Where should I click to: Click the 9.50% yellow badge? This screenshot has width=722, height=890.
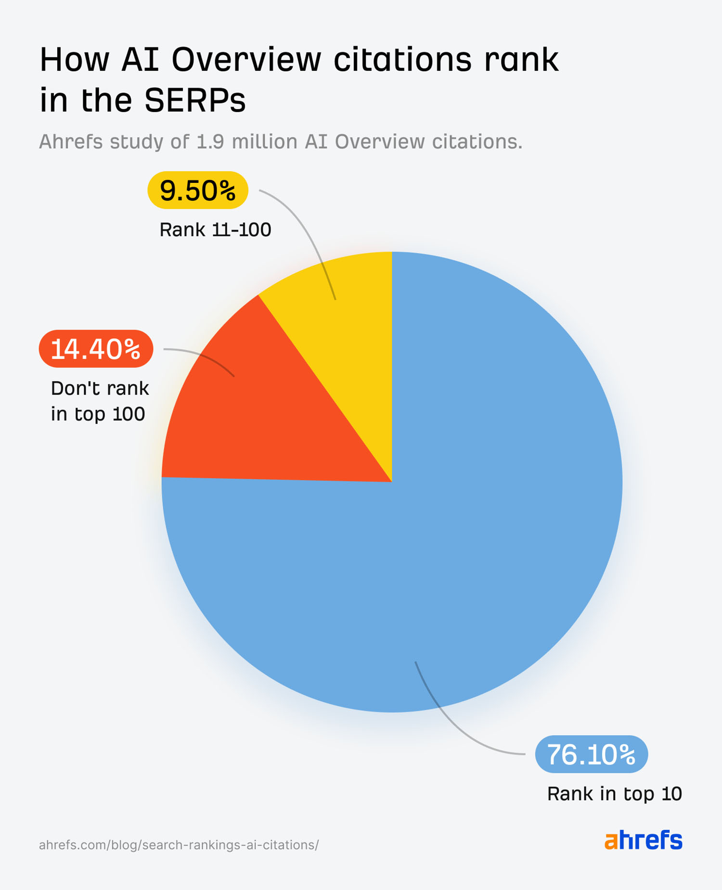pyautogui.click(x=198, y=191)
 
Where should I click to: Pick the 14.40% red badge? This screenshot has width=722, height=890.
pyautogui.click(x=96, y=349)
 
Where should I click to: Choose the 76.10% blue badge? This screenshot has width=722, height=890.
pyautogui.click(x=591, y=754)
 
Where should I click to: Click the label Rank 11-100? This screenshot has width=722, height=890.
pyautogui.click(x=215, y=230)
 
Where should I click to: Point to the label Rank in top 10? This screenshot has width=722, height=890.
pyautogui.click(x=614, y=794)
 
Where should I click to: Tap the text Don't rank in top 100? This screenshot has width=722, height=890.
pyautogui.click(x=99, y=401)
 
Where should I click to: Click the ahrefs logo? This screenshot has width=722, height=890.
pyautogui.click(x=643, y=840)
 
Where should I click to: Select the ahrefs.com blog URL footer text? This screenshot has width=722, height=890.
pyautogui.click(x=179, y=845)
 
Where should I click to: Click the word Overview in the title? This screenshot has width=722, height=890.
pyautogui.click(x=246, y=60)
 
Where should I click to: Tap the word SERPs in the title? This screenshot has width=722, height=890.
pyautogui.click(x=195, y=101)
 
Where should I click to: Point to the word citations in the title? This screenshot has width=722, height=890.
pyautogui.click(x=402, y=60)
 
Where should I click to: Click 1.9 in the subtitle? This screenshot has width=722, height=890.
pyautogui.click(x=210, y=142)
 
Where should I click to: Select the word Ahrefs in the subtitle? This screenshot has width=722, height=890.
pyautogui.click(x=71, y=142)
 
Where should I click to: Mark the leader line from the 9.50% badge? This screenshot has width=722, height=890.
pyautogui.click(x=308, y=226)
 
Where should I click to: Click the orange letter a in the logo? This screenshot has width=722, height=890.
pyautogui.click(x=611, y=841)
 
